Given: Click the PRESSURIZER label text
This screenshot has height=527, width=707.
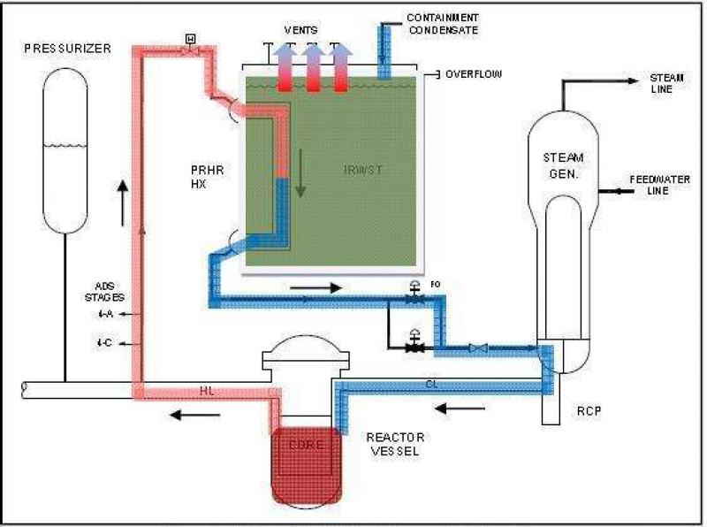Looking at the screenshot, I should pyautogui.click(x=68, y=49).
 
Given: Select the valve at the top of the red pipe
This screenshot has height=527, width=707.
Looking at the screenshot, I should pyautogui.click(x=190, y=49).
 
